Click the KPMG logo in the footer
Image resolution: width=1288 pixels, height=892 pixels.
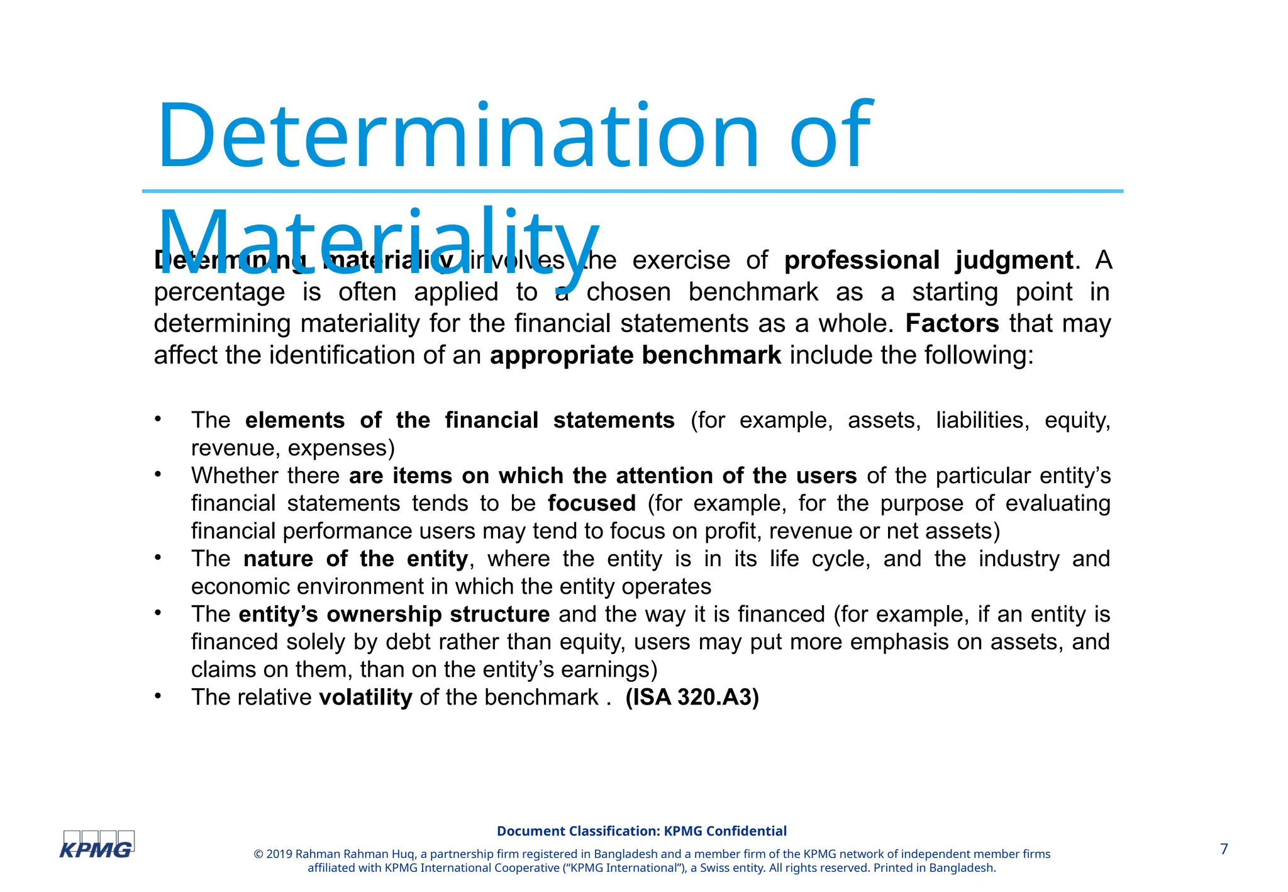pyautogui.click(x=97, y=845)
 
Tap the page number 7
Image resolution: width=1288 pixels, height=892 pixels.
pyautogui.click(x=1224, y=849)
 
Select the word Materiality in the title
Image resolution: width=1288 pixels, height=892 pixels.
pyautogui.click(x=377, y=242)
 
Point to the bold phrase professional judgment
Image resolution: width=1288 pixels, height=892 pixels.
pyautogui.click(x=928, y=260)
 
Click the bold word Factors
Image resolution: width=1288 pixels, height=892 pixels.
pyautogui.click(x=952, y=323)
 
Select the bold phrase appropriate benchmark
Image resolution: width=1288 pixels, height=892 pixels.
pyautogui.click(x=635, y=355)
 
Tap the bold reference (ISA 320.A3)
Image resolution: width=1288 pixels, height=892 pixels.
pyautogui.click(x=692, y=697)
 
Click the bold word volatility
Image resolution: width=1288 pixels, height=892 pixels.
pyautogui.click(x=365, y=697)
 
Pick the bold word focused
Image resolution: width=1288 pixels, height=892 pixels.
pyautogui.click(x=591, y=503)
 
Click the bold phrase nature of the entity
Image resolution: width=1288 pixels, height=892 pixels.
pyautogui.click(x=355, y=559)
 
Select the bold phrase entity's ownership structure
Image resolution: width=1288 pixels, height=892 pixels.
pyautogui.click(x=394, y=614)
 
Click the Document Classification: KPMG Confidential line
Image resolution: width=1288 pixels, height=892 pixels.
pyautogui.click(x=641, y=831)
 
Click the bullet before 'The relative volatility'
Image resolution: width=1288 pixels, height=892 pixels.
pyautogui.click(x=158, y=696)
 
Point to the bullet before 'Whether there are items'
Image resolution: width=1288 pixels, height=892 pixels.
pyautogui.click(x=158, y=474)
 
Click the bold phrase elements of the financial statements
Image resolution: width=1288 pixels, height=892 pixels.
pyautogui.click(x=459, y=420)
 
